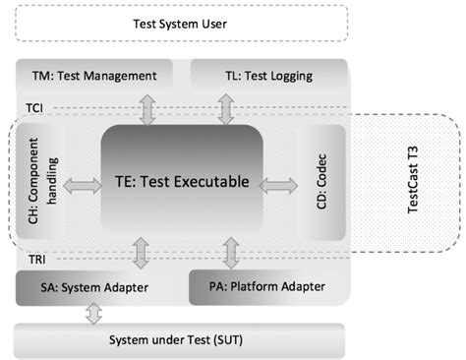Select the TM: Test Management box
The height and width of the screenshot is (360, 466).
click(x=94, y=75)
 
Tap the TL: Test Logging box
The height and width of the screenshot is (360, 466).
click(x=267, y=75)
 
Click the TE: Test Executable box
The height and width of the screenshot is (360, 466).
click(x=181, y=182)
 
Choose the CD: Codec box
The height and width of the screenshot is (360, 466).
click(x=320, y=182)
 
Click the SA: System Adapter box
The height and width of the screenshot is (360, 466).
click(x=94, y=287)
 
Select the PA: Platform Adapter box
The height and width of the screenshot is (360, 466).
click(x=267, y=287)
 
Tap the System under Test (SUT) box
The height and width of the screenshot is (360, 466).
click(x=182, y=340)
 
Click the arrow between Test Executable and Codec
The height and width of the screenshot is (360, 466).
click(x=280, y=183)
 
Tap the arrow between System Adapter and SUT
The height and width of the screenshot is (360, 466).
click(x=94, y=314)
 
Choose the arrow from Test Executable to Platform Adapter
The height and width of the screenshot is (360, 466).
click(x=231, y=253)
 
